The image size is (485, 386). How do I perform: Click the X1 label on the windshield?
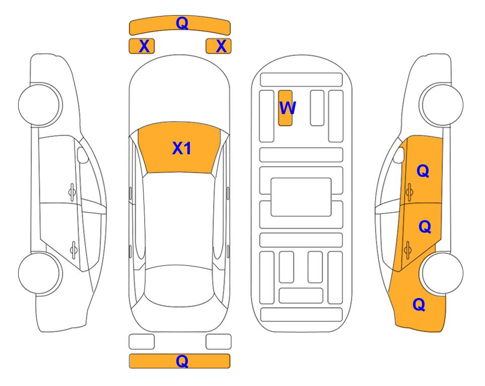(x=182, y=148)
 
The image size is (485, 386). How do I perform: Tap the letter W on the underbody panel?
(x=288, y=108)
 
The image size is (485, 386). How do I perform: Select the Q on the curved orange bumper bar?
(x=182, y=23)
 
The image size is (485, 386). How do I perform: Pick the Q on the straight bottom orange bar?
(x=182, y=361)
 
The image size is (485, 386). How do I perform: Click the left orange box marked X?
(x=142, y=46)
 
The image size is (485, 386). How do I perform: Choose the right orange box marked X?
(x=219, y=46)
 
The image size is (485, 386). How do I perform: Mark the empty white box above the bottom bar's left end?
(x=142, y=342)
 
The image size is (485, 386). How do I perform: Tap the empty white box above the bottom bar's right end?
(x=219, y=342)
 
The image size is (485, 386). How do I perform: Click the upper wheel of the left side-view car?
(x=39, y=105)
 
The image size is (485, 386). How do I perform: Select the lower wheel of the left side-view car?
(x=39, y=273)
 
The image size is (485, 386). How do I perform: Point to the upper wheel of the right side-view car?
(x=442, y=105)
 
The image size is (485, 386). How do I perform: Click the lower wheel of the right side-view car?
(x=442, y=273)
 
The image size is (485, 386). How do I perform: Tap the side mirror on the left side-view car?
(x=82, y=155)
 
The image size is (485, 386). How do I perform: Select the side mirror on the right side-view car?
(x=399, y=155)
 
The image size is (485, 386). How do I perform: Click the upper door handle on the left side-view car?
(x=72, y=192)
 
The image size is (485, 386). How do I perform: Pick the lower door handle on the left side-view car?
(x=74, y=249)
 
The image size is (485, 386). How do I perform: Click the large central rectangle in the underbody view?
(x=301, y=197)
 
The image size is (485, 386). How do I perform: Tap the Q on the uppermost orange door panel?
(x=423, y=171)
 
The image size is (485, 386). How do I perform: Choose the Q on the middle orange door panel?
(x=425, y=227)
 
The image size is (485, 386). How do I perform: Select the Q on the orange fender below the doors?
(x=419, y=305)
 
